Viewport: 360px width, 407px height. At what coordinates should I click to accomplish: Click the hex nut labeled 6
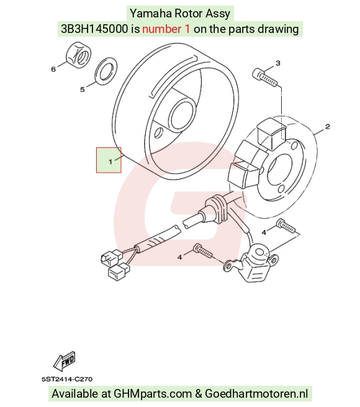click(78, 55)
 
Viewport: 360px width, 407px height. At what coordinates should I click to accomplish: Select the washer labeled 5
click(106, 70)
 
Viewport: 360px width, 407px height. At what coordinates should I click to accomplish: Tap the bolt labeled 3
click(264, 77)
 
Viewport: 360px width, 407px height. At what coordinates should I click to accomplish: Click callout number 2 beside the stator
click(328, 127)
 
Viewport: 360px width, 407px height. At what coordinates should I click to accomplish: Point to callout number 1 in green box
click(110, 162)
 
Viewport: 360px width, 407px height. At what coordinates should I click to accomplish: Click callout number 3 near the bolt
click(278, 63)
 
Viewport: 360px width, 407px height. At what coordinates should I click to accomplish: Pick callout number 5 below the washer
click(83, 89)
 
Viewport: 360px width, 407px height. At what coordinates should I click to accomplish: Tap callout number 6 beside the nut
click(53, 69)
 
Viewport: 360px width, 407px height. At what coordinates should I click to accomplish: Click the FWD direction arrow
click(65, 361)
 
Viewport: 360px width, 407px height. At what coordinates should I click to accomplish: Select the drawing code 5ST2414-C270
click(67, 379)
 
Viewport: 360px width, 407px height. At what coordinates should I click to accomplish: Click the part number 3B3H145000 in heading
click(94, 29)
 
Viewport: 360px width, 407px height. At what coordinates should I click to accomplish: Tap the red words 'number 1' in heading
click(166, 29)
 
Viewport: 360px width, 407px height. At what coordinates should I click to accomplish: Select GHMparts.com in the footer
click(153, 393)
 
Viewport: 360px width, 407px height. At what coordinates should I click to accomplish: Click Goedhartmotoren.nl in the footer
click(256, 393)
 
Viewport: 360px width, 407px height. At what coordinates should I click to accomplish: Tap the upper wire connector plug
click(112, 257)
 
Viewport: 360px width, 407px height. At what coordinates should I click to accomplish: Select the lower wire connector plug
click(119, 272)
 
